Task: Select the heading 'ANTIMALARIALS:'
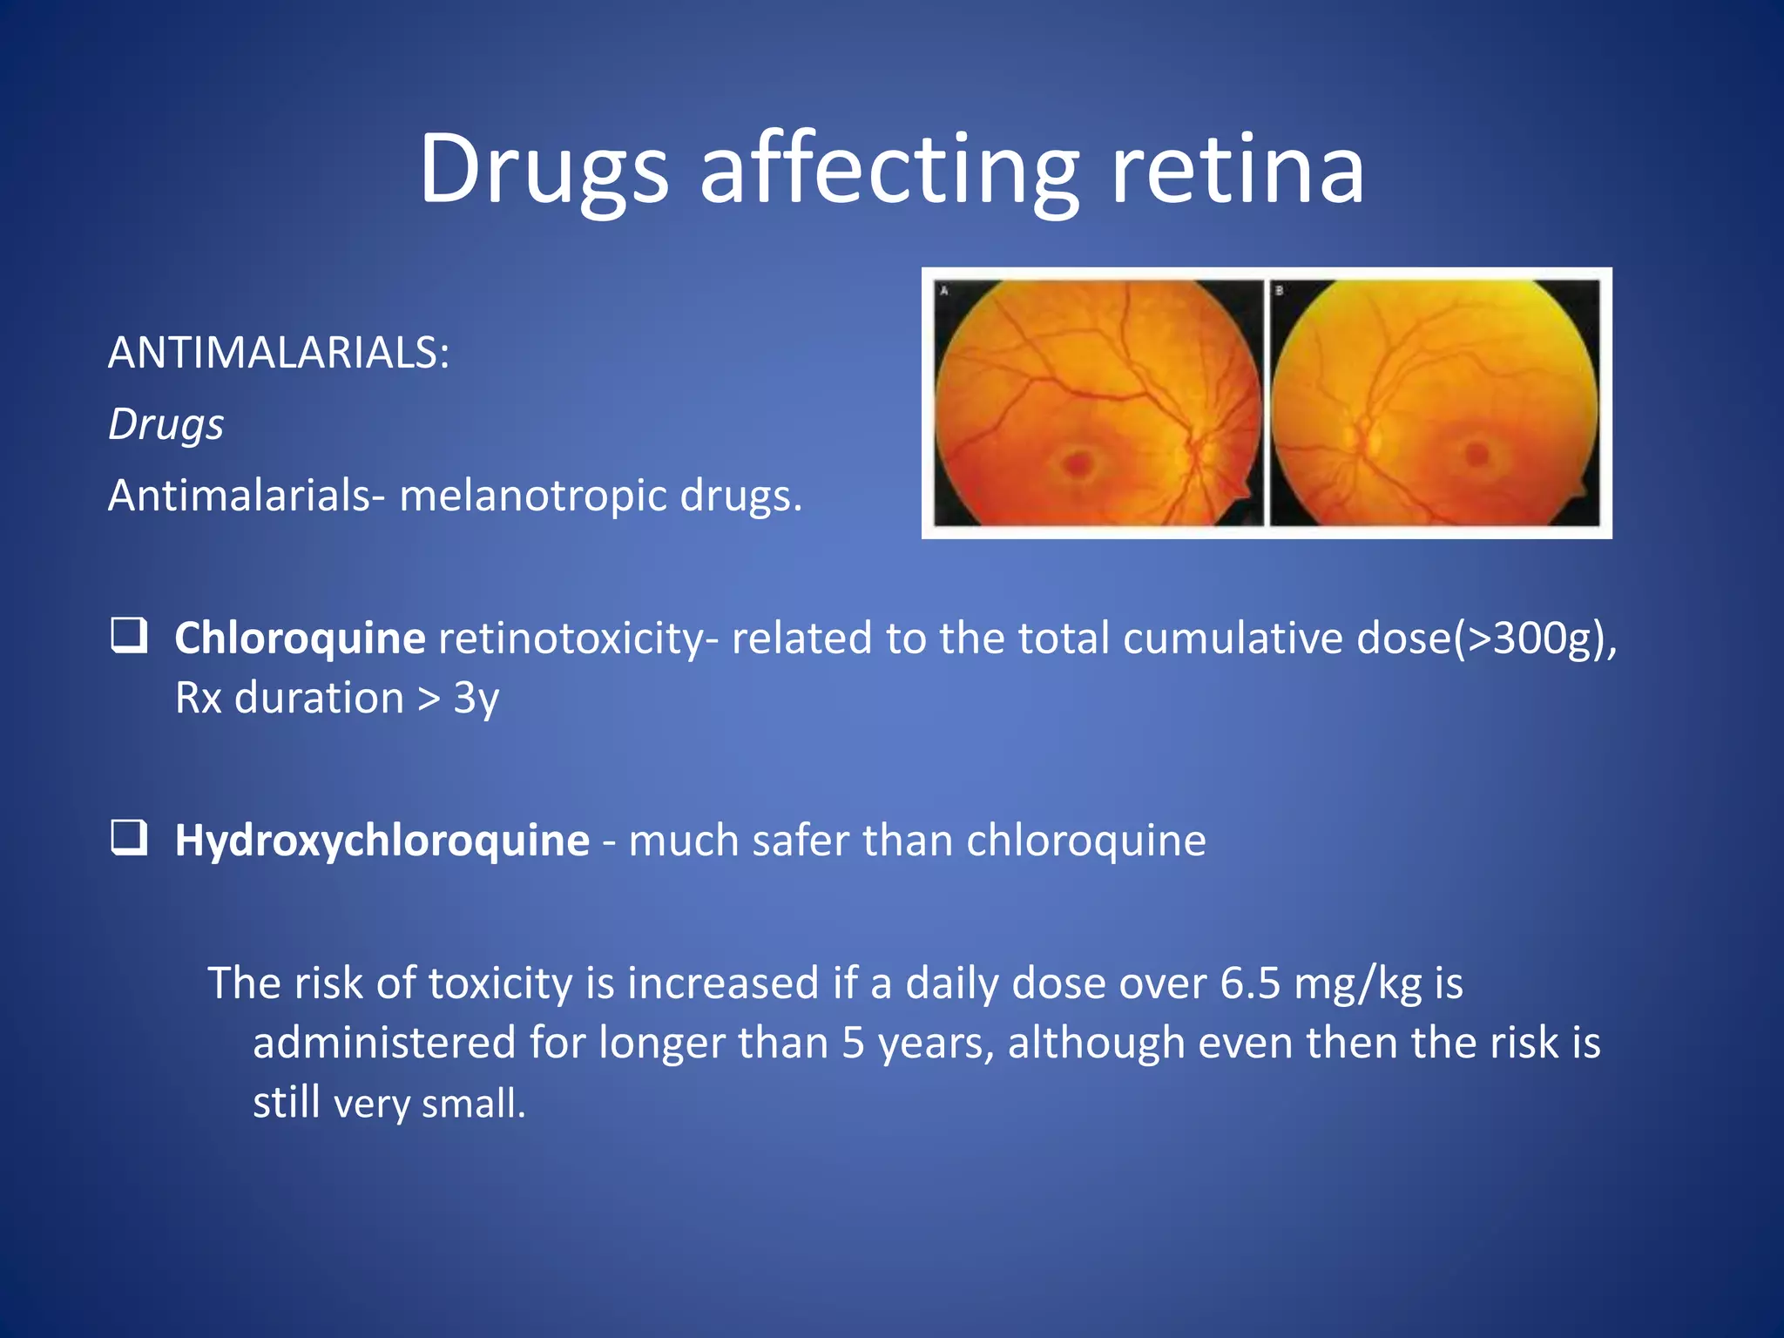click(x=279, y=353)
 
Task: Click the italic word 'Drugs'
click(x=166, y=425)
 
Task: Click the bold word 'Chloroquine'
click(x=300, y=638)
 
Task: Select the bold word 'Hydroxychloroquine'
click(x=382, y=841)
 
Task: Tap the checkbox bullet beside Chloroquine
click(x=129, y=635)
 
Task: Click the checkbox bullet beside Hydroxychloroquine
click(x=129, y=838)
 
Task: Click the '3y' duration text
click(x=476, y=698)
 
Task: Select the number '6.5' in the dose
click(x=1250, y=983)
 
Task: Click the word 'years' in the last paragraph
click(x=936, y=1044)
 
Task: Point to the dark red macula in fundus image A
click(x=1079, y=462)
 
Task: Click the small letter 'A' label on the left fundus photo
click(x=943, y=291)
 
